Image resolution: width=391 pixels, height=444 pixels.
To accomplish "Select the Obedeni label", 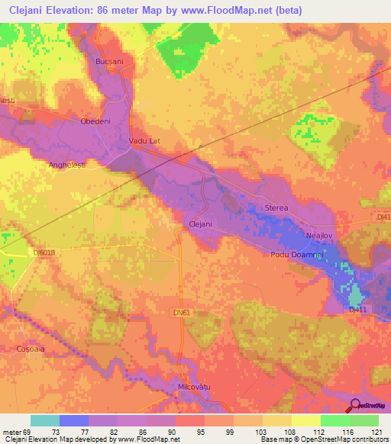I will [96, 121].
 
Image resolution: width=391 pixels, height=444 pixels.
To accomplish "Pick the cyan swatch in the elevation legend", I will [45, 420].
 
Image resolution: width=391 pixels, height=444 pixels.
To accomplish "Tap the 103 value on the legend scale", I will [247, 433].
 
